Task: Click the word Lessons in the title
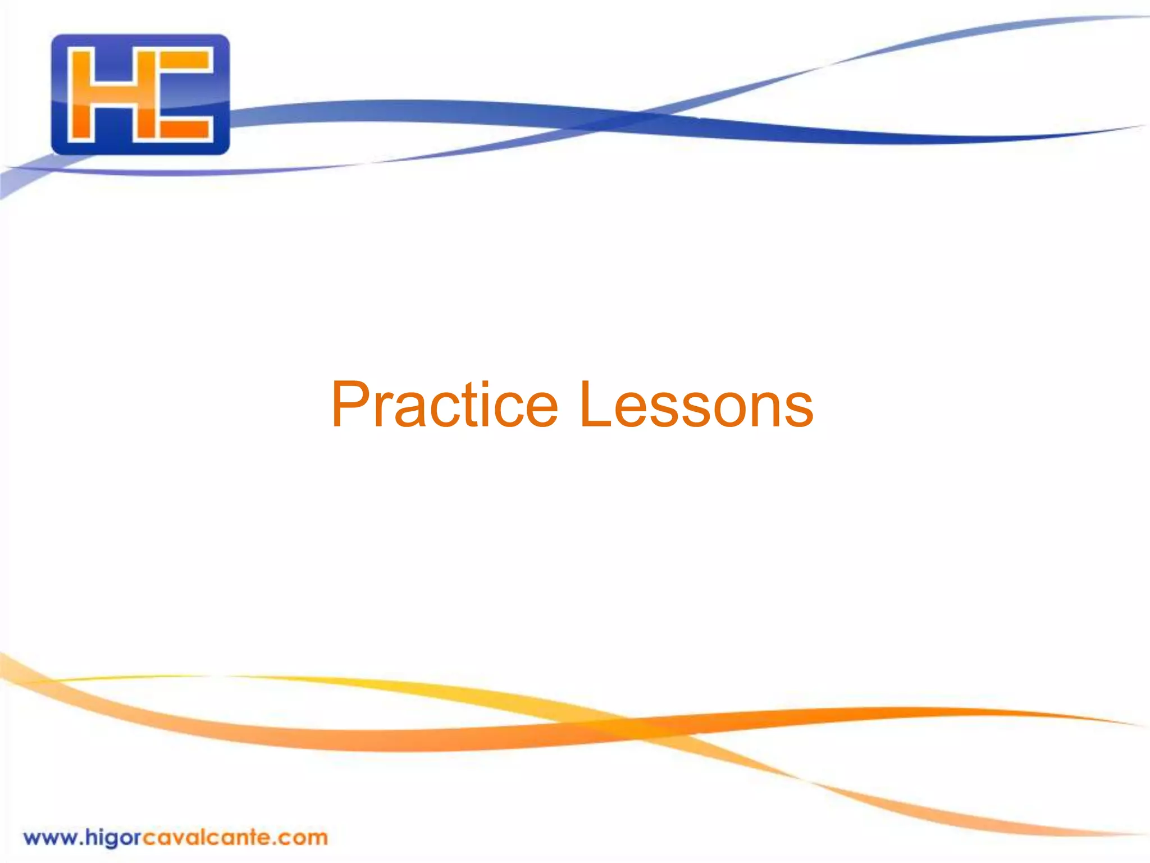point(696,405)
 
